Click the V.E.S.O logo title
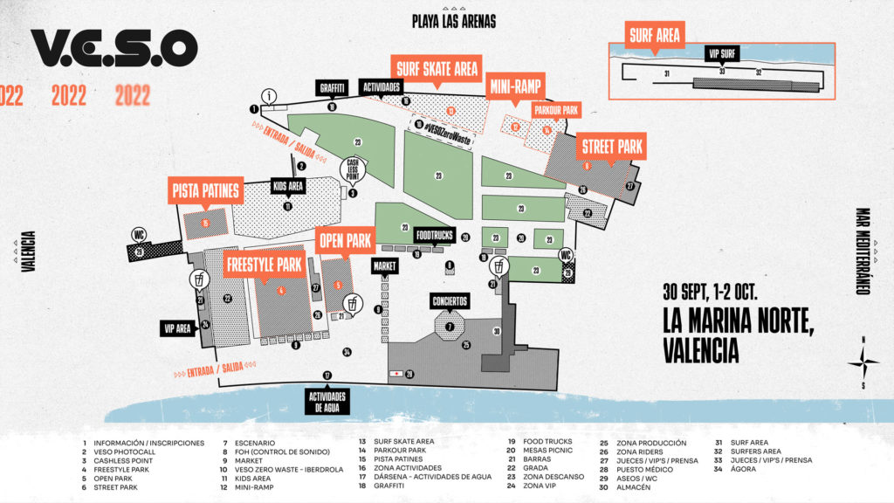tap(114, 48)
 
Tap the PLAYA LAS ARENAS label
tap(454, 21)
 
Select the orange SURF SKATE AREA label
tap(436, 68)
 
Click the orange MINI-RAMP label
tap(515, 85)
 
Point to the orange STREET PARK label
tap(610, 146)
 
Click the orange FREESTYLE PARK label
tap(264, 264)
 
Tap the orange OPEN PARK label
tap(346, 239)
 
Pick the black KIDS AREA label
tap(287, 187)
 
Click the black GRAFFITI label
tap(333, 87)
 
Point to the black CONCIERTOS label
tap(450, 301)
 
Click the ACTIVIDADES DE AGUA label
tap(327, 400)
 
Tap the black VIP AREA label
tap(176, 328)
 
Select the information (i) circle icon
tap(271, 96)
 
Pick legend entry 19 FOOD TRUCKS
tap(551, 443)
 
